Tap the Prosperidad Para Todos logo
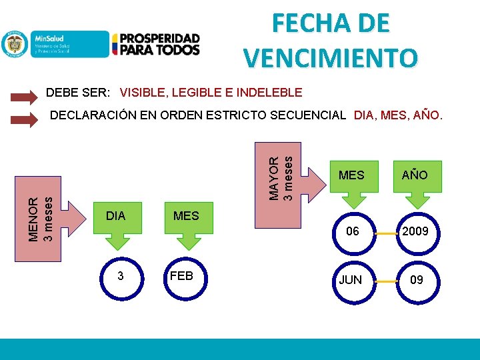point(156,44)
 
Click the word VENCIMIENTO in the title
point(330,57)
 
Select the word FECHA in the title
point(303,23)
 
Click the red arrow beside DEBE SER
point(25,97)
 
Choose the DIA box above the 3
point(116,216)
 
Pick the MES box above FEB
point(186,216)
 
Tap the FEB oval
point(182,275)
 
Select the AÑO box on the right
point(415,175)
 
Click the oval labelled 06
point(351,232)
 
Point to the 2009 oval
point(416,232)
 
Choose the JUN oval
point(351,280)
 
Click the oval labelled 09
point(416,280)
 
